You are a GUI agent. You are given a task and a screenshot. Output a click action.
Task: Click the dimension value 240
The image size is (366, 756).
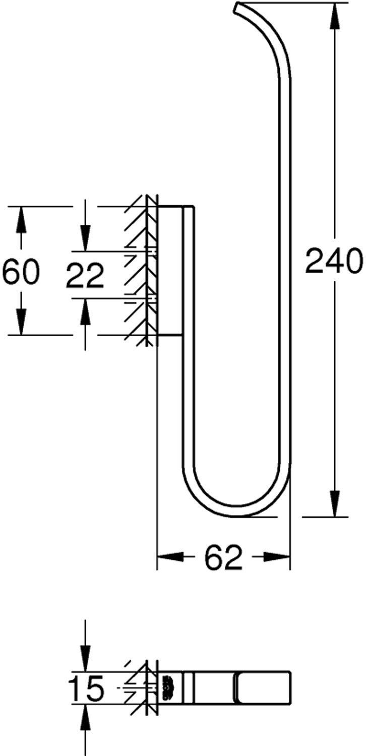coord(334,261)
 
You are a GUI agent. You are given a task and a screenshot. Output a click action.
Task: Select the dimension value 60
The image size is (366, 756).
coord(21,272)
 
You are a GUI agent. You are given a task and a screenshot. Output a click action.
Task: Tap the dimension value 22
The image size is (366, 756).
coord(84,276)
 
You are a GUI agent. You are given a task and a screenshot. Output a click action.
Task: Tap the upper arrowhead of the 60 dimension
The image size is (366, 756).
coord(21,220)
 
